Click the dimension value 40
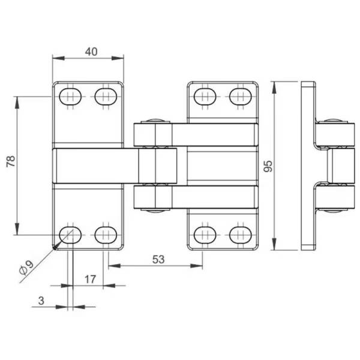tap(91, 52)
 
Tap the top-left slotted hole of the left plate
tap(71, 96)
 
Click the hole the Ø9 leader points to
tap(71, 233)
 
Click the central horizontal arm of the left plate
tap(96, 165)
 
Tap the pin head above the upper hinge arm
tap(155, 120)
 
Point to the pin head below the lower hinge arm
tap(155, 210)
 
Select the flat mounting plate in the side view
tap(308, 165)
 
